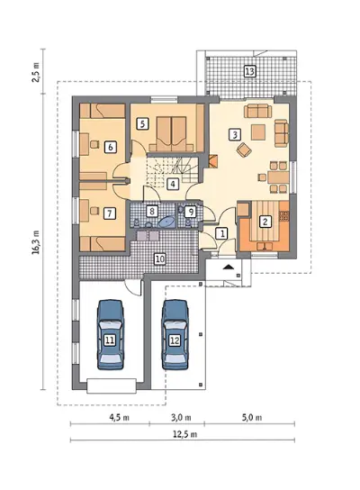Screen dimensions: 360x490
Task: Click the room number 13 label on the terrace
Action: (x=250, y=71)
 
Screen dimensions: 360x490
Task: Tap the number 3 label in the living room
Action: (x=235, y=135)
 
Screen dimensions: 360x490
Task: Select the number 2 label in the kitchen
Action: (x=265, y=222)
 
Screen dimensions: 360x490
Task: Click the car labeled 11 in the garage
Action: (x=110, y=335)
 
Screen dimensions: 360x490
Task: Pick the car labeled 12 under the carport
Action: (x=175, y=335)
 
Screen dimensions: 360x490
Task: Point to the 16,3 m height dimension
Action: (x=36, y=242)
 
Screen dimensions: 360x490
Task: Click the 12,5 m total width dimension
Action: (x=184, y=435)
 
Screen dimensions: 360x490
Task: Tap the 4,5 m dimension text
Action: (x=120, y=418)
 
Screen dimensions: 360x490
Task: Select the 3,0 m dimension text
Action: (x=181, y=418)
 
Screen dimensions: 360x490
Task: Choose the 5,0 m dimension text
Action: (x=252, y=418)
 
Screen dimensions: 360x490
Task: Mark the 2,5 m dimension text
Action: (x=36, y=72)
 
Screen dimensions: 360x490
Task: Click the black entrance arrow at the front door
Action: (x=229, y=267)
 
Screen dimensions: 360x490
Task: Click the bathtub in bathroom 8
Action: (x=167, y=222)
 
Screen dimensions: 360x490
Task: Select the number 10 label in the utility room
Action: (x=159, y=259)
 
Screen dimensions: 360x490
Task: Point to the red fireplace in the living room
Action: (x=214, y=161)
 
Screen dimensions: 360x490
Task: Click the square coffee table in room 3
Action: (x=258, y=132)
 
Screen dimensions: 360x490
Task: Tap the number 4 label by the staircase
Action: (x=173, y=184)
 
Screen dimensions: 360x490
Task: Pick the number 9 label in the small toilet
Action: (x=190, y=213)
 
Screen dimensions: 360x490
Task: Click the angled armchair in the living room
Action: (x=244, y=150)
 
